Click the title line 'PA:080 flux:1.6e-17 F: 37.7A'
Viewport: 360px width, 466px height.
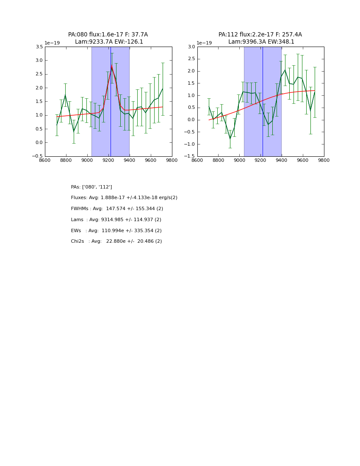(108, 35)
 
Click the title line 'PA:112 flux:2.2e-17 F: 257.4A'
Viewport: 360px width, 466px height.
(260, 35)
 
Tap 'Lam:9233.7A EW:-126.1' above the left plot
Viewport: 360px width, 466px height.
(109, 42)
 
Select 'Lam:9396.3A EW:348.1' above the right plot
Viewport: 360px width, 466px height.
(261, 42)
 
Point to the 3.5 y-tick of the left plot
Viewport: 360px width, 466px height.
(39, 47)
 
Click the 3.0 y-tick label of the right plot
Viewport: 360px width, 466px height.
(191, 47)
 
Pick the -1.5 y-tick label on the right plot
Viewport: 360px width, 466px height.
(190, 156)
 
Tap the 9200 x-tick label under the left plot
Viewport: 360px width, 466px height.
(108, 161)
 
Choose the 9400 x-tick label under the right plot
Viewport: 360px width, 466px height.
(282, 161)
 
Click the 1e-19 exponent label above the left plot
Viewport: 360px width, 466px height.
(52, 43)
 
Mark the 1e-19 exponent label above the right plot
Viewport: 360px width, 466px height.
(204, 43)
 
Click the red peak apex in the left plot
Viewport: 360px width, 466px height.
(111, 66)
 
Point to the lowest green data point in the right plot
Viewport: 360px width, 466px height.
(230, 139)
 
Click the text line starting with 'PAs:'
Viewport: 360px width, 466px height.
(91, 187)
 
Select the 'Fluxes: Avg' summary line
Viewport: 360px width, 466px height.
(124, 198)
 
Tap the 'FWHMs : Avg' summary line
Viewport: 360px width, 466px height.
(117, 209)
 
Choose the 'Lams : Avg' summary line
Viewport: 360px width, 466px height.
(116, 220)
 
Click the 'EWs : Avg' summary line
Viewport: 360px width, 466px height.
(116, 231)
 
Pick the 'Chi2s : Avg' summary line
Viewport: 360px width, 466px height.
(116, 241)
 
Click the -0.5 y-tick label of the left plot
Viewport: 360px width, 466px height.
(37, 156)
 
